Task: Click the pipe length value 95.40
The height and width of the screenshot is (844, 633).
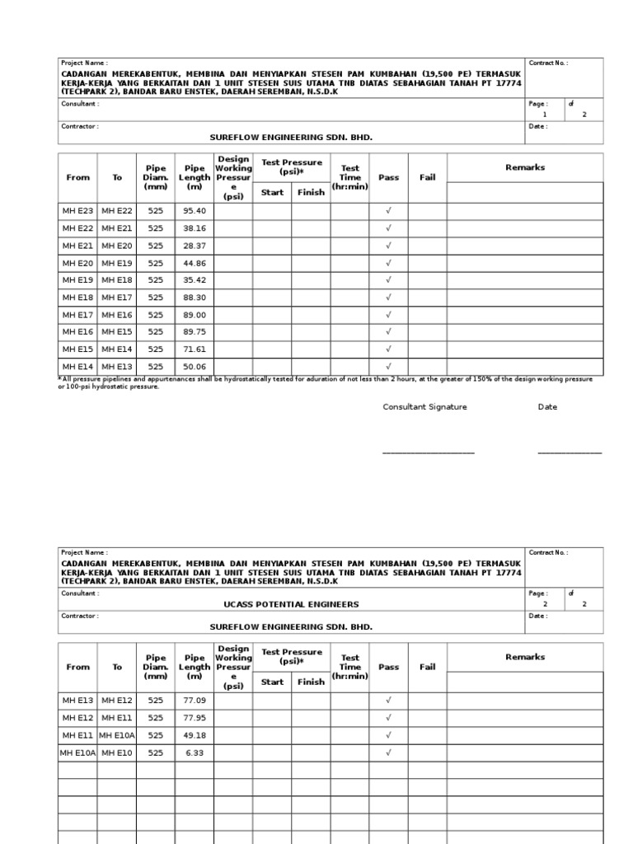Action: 195,211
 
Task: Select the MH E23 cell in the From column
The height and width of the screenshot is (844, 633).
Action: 77,211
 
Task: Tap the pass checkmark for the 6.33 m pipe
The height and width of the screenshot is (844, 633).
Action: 388,753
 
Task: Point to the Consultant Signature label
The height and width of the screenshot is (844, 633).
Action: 424,407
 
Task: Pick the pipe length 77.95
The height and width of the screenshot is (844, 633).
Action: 195,718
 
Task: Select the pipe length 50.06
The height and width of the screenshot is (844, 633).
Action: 195,367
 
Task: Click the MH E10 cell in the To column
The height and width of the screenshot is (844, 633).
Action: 117,753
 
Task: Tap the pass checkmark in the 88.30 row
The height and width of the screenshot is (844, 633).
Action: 388,298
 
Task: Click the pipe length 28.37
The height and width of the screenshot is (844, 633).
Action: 195,246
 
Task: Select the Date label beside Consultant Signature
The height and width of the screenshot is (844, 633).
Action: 547,407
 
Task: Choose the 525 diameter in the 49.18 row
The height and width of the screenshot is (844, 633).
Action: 156,735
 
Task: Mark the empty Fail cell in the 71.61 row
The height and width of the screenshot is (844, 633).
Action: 427,349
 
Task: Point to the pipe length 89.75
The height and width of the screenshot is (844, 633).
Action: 195,332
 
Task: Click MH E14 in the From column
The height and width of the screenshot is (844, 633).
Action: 77,367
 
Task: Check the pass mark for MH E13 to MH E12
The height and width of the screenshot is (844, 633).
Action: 388,701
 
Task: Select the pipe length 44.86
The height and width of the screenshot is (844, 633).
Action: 195,263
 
